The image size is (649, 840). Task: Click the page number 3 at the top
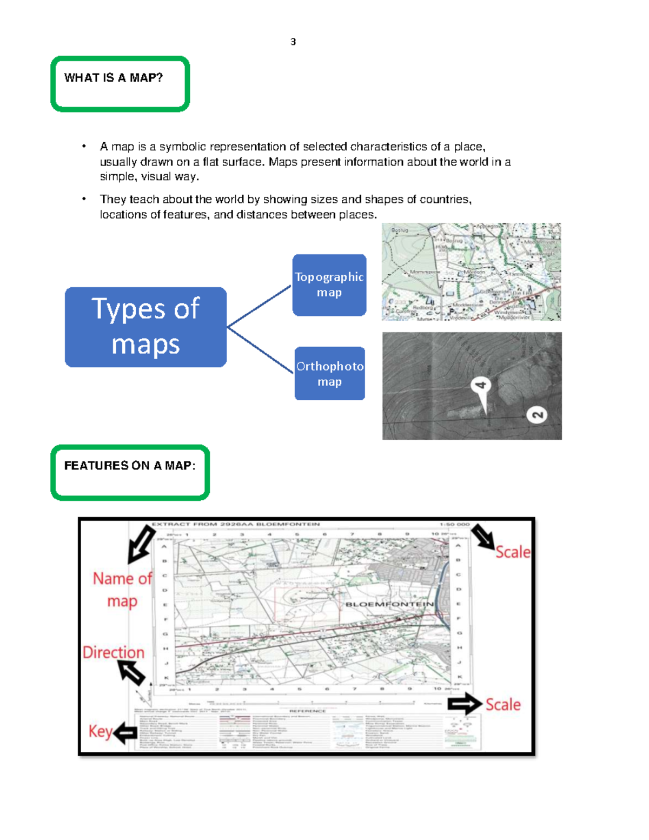tap(293, 42)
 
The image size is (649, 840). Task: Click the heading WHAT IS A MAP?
tap(113, 78)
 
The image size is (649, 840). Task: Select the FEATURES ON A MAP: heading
tap(130, 466)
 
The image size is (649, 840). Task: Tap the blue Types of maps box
tap(145, 327)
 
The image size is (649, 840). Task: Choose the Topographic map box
tap(329, 285)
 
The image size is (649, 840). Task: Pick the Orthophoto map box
tap(329, 374)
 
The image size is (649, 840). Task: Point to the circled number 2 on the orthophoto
tap(537, 415)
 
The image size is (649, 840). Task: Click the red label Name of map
tap(122, 590)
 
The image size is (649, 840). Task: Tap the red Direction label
tap(114, 652)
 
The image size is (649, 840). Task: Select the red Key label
tap(100, 731)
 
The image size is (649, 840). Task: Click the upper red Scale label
tap(513, 552)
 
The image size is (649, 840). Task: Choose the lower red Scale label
tap(503, 704)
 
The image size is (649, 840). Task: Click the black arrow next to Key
tap(125, 733)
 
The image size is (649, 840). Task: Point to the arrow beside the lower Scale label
tap(465, 704)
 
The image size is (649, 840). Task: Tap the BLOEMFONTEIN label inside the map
tap(389, 604)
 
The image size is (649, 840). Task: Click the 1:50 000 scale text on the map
tap(454, 524)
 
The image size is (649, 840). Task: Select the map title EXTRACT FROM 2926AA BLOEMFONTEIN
tap(236, 524)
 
